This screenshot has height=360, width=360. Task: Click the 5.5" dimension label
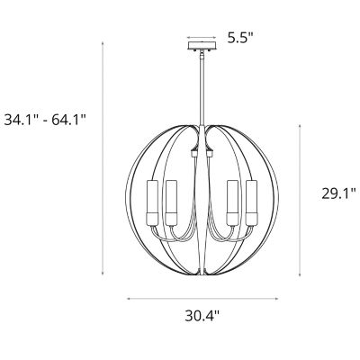[240, 38]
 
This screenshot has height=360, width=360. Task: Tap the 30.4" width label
[202, 316]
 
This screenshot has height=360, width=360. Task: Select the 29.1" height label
[338, 193]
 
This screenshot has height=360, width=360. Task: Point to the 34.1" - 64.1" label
[45, 121]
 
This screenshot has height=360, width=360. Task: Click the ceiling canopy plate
[202, 46]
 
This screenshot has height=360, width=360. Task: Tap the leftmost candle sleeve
[152, 202]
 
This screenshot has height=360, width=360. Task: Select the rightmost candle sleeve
[251, 202]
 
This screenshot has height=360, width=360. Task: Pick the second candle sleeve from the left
[171, 202]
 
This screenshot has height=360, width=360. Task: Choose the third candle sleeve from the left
[232, 202]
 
